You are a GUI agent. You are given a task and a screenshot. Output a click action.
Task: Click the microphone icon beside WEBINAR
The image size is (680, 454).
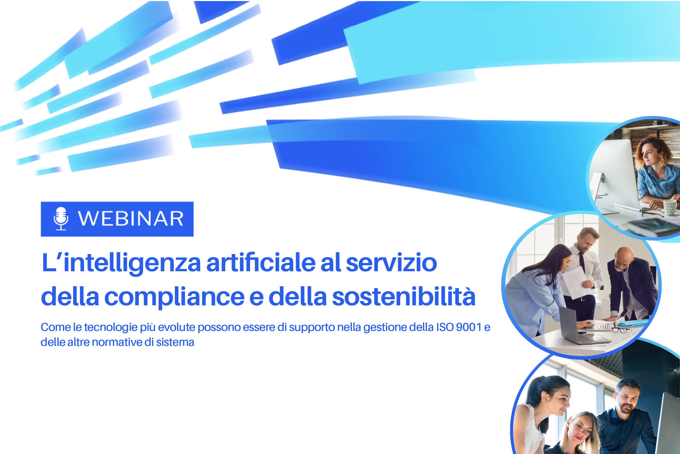tap(61, 219)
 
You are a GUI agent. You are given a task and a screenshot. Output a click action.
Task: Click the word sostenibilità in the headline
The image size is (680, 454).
tap(404, 296)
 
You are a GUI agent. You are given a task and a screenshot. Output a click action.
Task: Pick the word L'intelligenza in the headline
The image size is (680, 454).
tap(121, 264)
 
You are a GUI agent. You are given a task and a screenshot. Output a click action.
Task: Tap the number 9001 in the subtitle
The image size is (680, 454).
tap(469, 327)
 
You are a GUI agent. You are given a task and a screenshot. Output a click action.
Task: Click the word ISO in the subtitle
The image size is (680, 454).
tap(445, 327)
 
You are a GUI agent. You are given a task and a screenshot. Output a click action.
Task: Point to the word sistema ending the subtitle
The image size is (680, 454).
tap(175, 342)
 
